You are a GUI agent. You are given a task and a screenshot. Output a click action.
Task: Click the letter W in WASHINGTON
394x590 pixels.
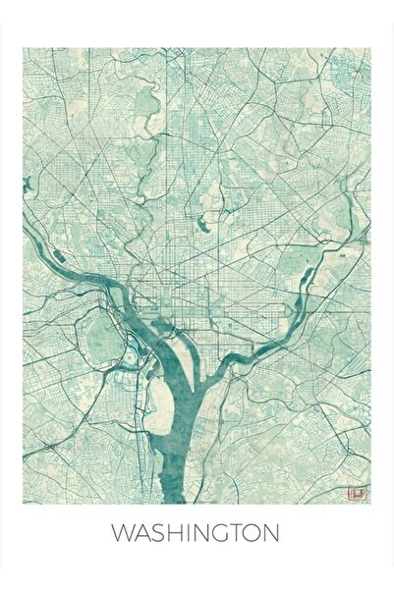tap(122, 534)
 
